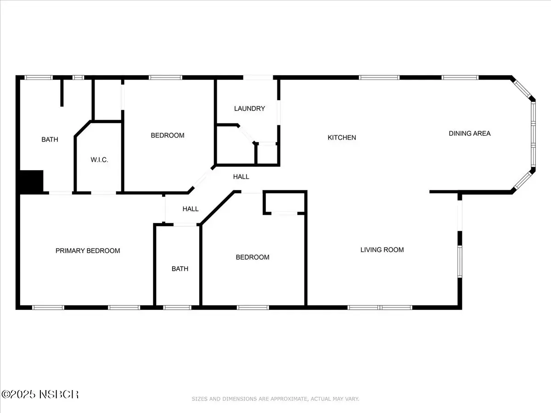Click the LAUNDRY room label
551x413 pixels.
click(249, 108)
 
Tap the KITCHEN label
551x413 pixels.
click(342, 137)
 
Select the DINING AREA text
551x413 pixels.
click(470, 134)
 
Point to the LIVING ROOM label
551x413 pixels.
click(382, 250)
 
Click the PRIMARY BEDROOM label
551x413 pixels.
click(88, 251)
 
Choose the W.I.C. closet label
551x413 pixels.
click(99, 160)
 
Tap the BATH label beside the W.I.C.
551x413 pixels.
click(50, 140)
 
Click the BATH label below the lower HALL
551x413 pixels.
click(180, 269)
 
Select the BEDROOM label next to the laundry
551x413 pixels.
click(168, 135)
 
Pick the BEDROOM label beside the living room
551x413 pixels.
click(253, 257)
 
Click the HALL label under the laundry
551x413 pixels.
click(241, 177)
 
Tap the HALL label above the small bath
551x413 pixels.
click(191, 209)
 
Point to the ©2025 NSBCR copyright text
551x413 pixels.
click(40, 395)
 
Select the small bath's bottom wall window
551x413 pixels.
click(177, 307)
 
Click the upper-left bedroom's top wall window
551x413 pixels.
click(165, 78)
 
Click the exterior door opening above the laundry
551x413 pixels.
click(258, 78)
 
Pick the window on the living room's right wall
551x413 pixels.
click(460, 262)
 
